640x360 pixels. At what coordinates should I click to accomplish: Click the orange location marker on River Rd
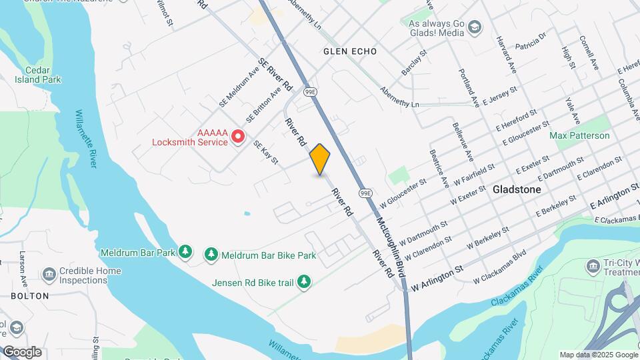(320, 159)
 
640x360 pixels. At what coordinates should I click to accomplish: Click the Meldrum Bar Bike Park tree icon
(211, 253)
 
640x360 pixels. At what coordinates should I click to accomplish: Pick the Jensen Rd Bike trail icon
(304, 282)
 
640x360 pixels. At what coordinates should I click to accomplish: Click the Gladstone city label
(517, 189)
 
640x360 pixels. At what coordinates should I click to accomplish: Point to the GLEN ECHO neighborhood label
(350, 51)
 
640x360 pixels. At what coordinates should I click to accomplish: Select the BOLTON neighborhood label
(30, 295)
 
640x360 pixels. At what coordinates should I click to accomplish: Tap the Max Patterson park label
(579, 135)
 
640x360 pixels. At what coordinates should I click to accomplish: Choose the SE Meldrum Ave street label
(239, 90)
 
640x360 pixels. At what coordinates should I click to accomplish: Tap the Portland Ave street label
(469, 87)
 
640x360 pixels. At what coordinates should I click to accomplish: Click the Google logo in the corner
(22, 351)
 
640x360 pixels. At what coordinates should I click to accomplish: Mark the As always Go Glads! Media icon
(474, 27)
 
